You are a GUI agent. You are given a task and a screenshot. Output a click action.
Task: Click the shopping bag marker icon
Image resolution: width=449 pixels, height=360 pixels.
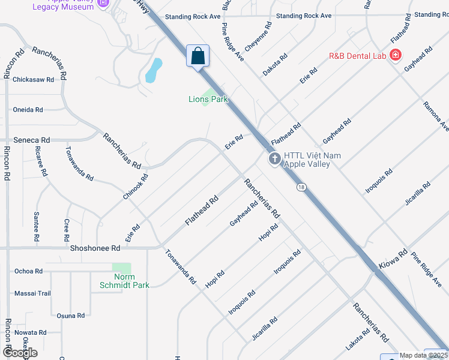coord(197,56)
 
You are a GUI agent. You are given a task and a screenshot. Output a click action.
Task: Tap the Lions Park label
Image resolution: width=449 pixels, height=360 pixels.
coord(208,99)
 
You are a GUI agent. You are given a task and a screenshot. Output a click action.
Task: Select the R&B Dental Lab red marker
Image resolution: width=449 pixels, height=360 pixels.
coord(395,56)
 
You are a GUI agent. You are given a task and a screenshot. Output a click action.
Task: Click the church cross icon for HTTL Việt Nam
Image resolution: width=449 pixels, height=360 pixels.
coord(275,159)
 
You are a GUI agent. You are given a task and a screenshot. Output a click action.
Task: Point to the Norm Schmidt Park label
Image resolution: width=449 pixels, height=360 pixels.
coord(124,281)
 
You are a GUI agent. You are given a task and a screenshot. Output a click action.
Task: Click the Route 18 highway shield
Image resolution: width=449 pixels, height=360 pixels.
coord(301,187)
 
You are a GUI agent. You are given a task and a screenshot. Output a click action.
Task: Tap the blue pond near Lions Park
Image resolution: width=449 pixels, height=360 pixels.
coord(154,70)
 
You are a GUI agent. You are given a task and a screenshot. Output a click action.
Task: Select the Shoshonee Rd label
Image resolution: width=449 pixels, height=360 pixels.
coord(95,247)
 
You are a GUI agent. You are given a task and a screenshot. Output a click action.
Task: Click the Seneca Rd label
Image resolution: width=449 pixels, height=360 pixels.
coord(32,139)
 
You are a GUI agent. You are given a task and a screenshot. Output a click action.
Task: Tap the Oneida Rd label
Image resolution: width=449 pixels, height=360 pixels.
coord(28,110)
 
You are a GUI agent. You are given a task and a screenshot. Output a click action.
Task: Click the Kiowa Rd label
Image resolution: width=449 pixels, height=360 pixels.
coord(394,259)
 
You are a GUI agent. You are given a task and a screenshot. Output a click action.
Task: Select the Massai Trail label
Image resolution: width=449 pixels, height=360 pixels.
coord(32,293)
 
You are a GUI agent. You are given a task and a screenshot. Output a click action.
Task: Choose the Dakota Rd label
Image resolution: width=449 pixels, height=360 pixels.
coord(275,65)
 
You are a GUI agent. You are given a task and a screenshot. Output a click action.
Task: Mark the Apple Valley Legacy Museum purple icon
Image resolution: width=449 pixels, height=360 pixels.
coord(103,4)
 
